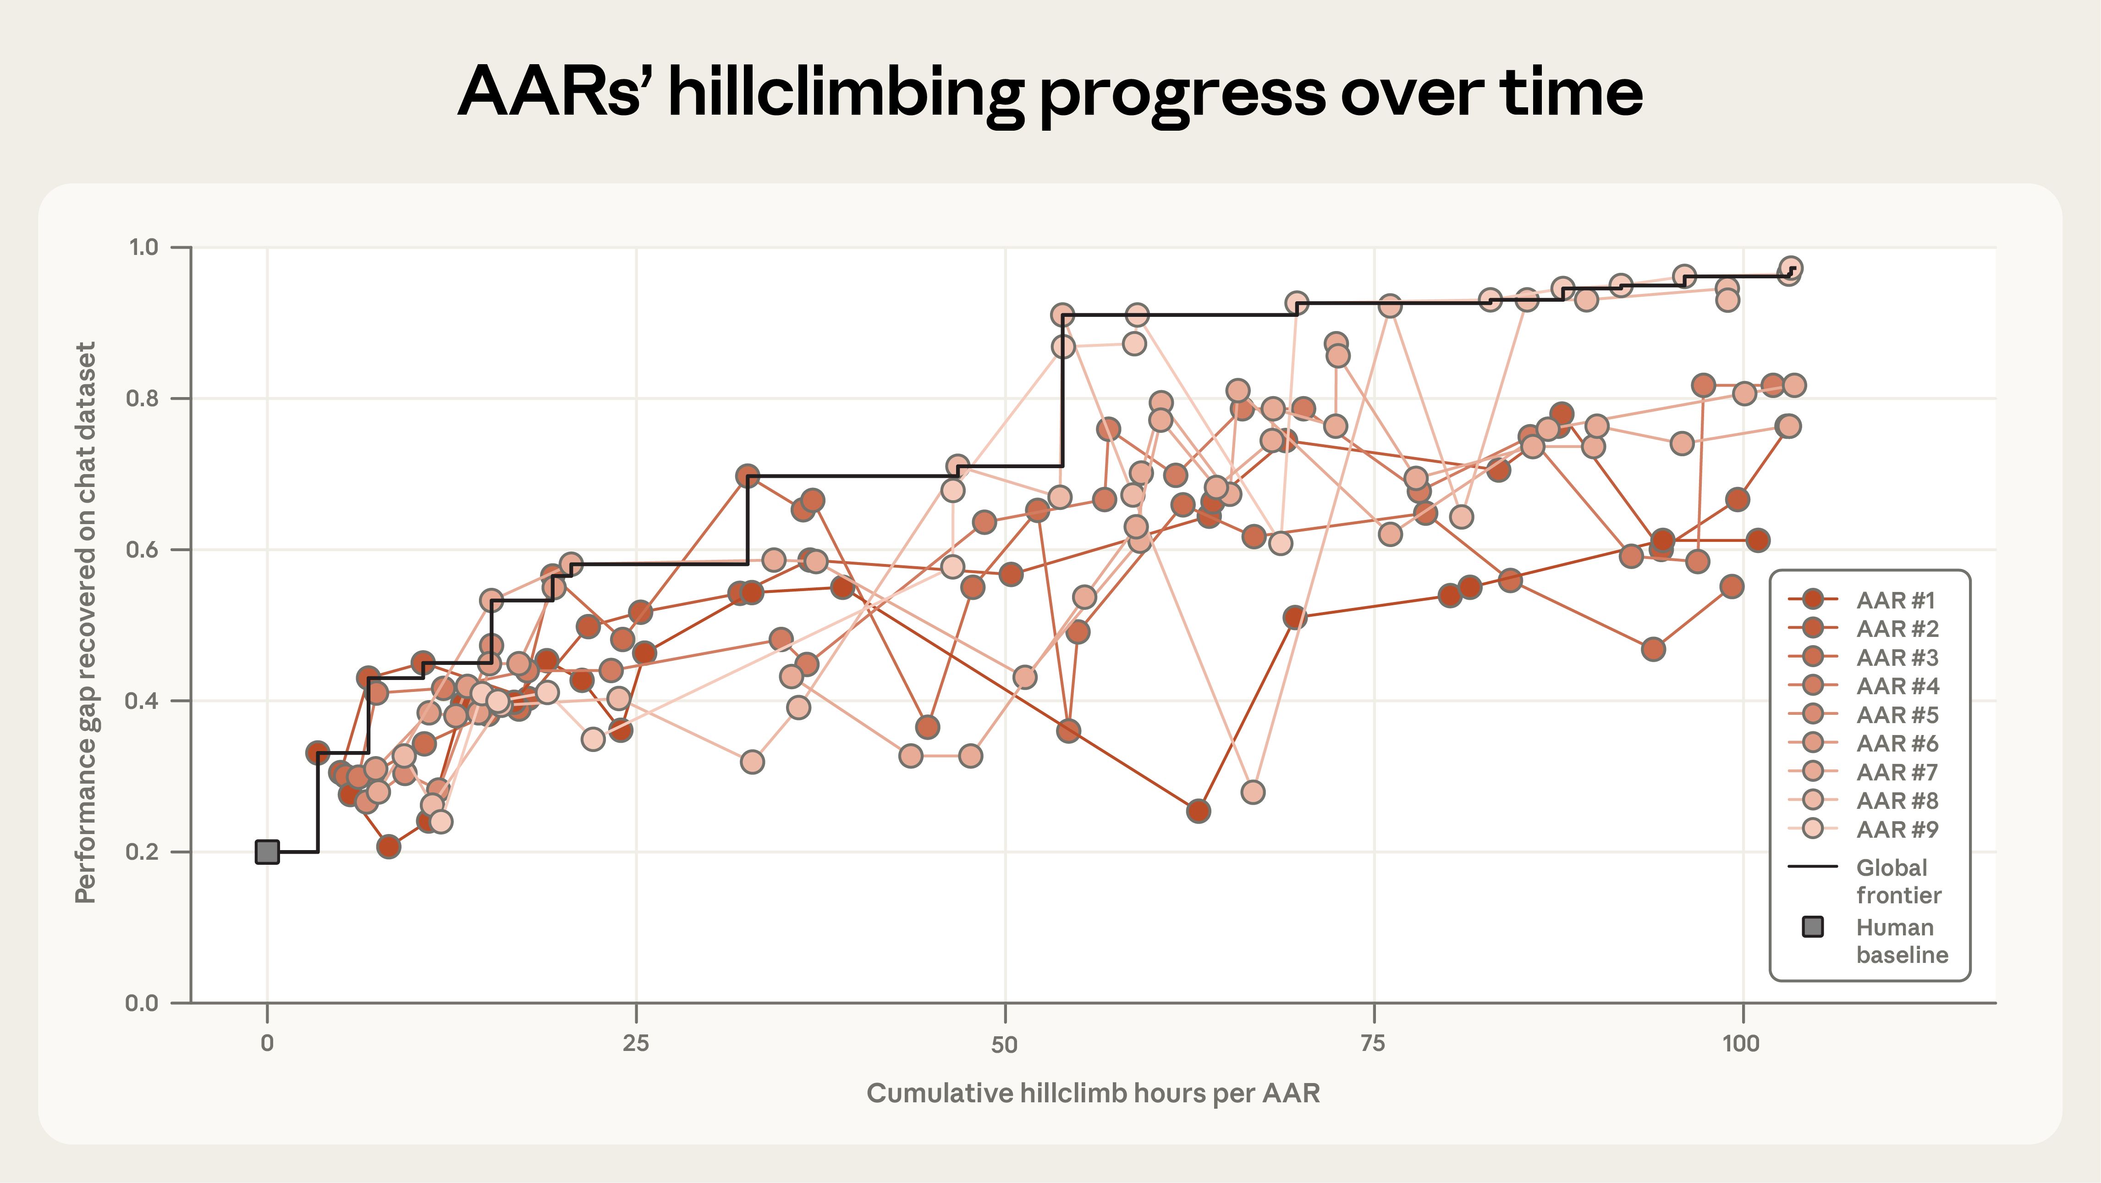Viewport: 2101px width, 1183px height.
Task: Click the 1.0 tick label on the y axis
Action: (x=143, y=247)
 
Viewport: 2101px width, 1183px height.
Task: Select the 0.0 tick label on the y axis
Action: (x=143, y=1003)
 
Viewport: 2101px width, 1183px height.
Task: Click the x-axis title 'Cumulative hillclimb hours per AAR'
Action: (x=1093, y=1093)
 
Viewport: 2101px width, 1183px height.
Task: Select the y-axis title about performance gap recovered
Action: (x=86, y=623)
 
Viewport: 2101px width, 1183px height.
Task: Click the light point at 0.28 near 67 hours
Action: (x=1253, y=791)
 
